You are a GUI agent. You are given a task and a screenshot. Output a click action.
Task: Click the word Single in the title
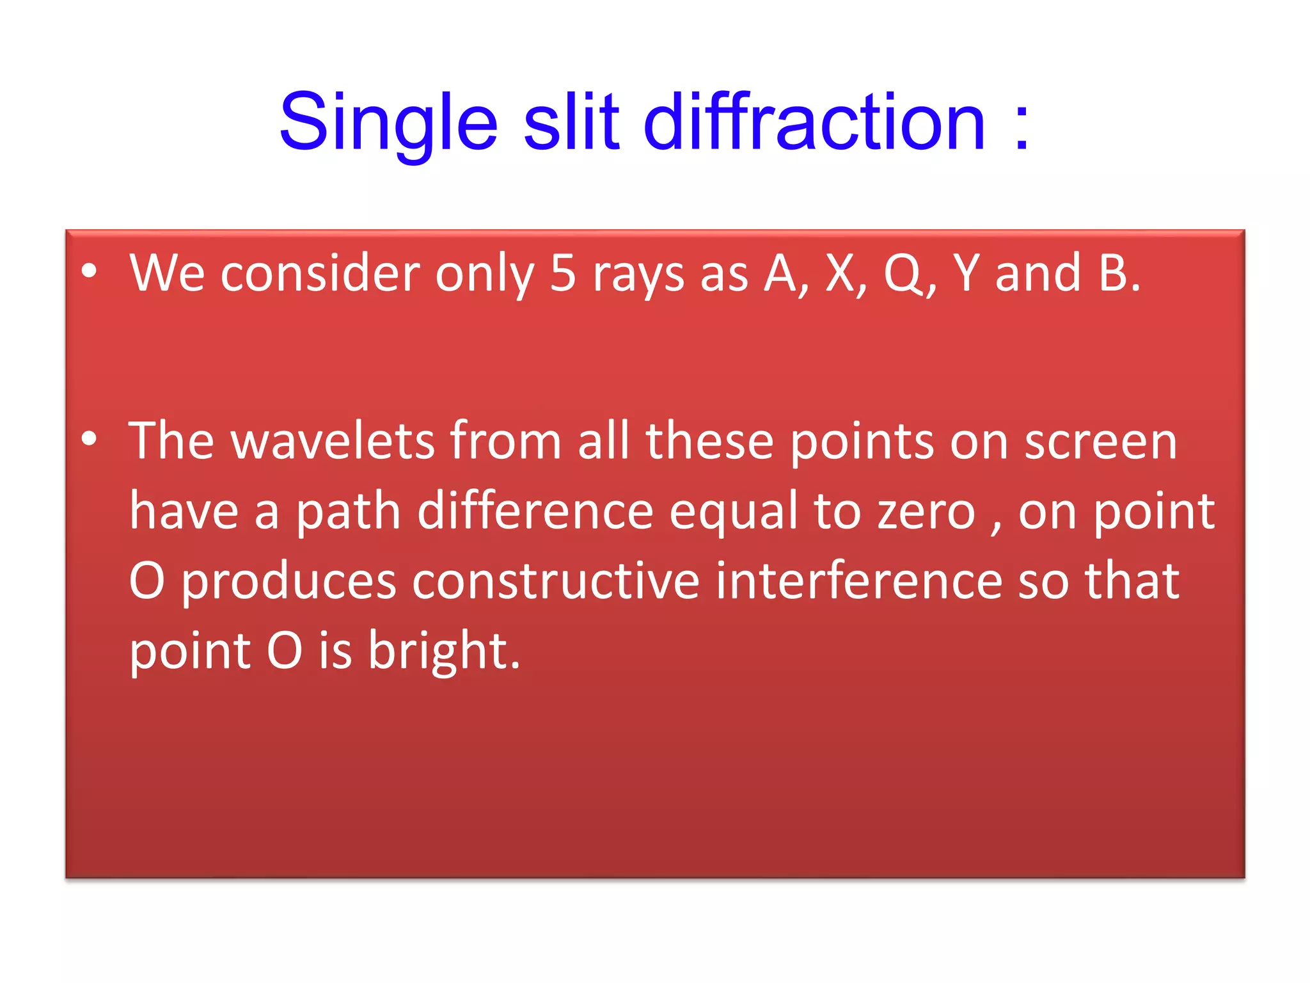coord(388,123)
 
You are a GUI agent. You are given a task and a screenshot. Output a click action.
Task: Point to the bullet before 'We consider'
coord(90,271)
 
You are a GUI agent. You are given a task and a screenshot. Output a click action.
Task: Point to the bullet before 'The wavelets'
coord(90,439)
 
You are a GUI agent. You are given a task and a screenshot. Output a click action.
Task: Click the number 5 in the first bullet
coord(563,274)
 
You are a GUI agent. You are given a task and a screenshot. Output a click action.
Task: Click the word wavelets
coord(333,442)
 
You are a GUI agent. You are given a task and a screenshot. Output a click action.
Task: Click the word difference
coord(535,512)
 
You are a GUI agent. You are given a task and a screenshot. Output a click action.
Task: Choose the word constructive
coord(556,582)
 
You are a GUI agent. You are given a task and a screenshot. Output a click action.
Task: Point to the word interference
coord(858,582)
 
